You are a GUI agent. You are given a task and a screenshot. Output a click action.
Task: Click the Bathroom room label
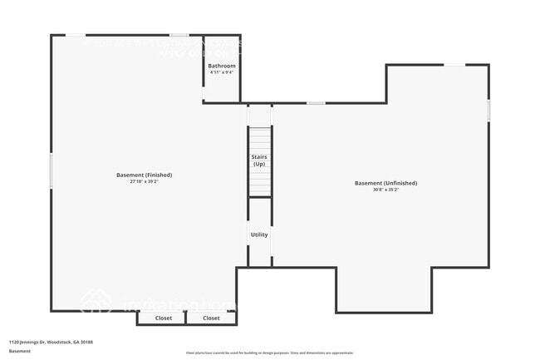(222, 66)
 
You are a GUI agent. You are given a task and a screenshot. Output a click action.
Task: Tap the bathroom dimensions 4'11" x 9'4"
(222, 72)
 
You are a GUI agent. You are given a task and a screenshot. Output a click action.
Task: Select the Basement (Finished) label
(145, 175)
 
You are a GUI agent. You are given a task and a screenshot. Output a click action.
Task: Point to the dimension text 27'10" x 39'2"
(145, 181)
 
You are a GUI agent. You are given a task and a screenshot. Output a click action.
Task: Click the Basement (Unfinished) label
(385, 183)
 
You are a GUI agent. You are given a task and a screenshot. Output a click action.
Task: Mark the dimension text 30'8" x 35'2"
(385, 190)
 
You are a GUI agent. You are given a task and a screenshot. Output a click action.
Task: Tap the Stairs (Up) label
(259, 160)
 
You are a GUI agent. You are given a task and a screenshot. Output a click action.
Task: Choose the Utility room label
(259, 234)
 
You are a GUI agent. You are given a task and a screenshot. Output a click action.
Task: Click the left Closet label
(164, 318)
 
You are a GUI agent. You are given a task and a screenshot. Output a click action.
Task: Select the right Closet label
(212, 318)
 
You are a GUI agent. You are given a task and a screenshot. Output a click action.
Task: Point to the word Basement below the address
(20, 351)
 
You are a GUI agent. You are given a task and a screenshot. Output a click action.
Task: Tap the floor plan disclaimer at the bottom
(269, 353)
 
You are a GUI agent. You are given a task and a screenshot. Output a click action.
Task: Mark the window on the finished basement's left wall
(52, 170)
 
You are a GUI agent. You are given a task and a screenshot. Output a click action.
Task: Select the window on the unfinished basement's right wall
(488, 110)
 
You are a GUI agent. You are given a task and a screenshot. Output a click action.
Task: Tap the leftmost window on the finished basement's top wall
(75, 35)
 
